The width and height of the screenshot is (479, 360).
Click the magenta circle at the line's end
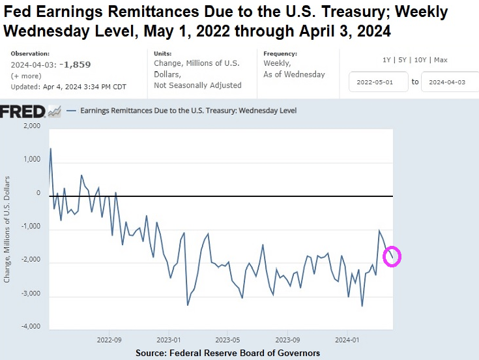tap(392, 257)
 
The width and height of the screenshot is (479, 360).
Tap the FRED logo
tap(23, 112)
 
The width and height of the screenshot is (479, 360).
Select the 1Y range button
tap(388, 60)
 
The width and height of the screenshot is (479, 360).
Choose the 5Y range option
tap(405, 60)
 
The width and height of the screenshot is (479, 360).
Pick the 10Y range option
tap(422, 60)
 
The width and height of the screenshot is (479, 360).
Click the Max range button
tap(441, 60)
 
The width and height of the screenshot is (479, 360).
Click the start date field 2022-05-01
tap(377, 82)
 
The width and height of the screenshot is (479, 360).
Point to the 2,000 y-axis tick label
tap(31, 126)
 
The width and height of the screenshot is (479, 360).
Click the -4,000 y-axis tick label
tap(29, 326)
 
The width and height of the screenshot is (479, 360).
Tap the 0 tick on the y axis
tap(38, 193)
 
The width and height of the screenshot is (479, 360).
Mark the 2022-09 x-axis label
tap(109, 340)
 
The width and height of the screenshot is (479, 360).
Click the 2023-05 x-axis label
tap(227, 340)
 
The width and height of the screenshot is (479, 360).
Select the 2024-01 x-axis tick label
tap(347, 340)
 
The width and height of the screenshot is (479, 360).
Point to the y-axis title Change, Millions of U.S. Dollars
tap(7, 228)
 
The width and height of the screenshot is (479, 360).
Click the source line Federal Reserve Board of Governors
tap(228, 353)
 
